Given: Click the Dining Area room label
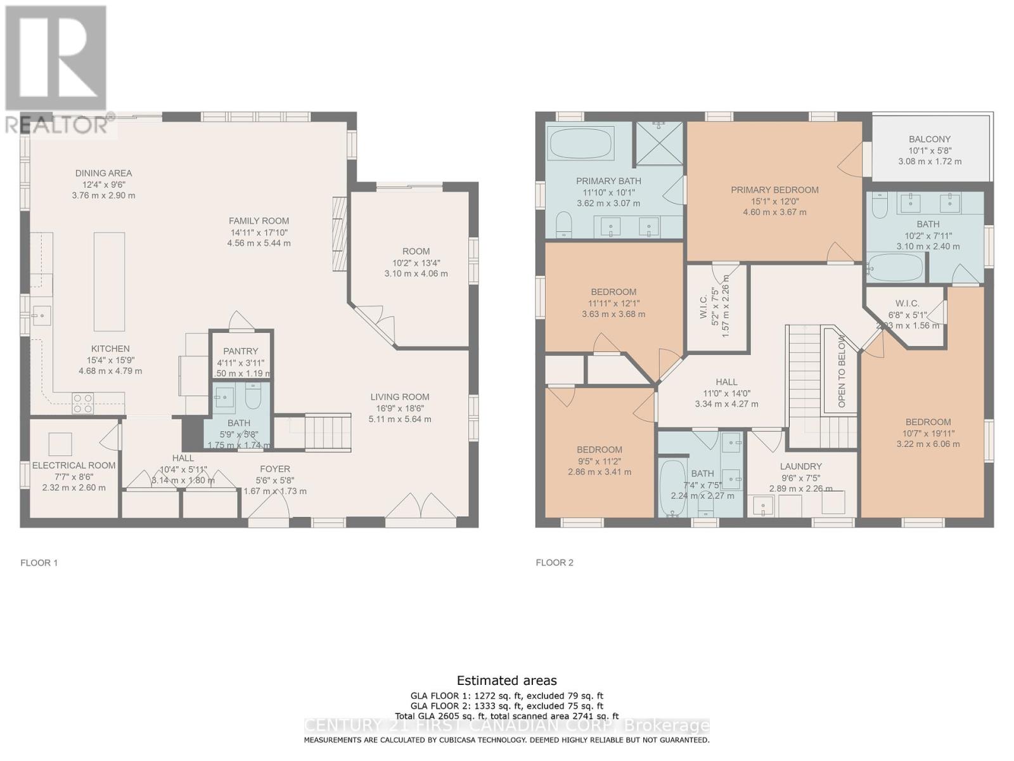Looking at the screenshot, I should coord(103,173).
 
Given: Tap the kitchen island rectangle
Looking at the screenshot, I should coord(109,282).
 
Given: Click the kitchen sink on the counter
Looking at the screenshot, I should coord(41,315).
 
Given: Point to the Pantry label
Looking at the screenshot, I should coord(240,351).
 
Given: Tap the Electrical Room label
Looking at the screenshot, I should coord(74,465).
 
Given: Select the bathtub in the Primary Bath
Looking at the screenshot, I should coord(581,144).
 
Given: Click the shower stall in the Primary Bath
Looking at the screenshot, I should coord(659,145).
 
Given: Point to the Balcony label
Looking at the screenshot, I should coord(929,139).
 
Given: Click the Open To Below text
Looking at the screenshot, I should coord(842,372).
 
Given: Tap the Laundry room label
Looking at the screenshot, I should coord(800,466).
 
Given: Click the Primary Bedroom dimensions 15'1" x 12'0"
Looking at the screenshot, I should coord(774,201).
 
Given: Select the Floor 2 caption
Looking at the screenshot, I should coord(554,563).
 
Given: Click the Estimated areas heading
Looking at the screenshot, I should coord(506,680).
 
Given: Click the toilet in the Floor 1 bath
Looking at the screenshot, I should coord(253,398).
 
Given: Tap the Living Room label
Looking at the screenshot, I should coord(400,397).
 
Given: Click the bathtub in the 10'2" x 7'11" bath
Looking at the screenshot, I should coord(896,268).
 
